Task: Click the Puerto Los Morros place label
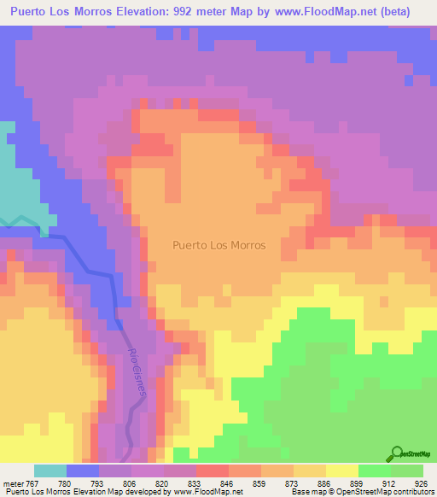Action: pos(218,245)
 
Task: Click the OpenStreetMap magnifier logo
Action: pos(397,453)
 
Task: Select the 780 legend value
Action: pos(64,484)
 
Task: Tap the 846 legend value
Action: pos(226,484)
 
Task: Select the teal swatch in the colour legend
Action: pos(50,471)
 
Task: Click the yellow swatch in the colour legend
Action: pos(342,471)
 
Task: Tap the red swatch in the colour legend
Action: pos(213,471)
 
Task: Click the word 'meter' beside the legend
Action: pos(12,484)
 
